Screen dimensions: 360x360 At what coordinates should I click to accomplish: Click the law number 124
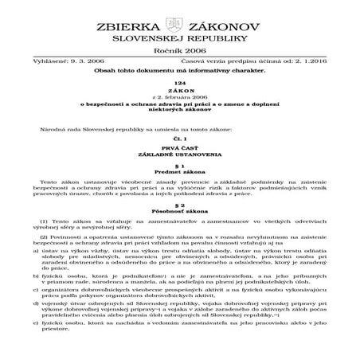[179, 106]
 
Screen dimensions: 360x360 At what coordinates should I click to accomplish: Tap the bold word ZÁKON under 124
[179, 114]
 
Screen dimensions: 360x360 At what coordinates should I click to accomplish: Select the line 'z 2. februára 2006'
[179, 122]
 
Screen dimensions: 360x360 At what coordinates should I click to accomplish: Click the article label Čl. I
[179, 160]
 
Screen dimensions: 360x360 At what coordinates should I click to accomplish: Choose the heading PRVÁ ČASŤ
[179, 168]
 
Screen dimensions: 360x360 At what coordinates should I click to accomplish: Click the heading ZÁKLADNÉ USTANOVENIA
[179, 176]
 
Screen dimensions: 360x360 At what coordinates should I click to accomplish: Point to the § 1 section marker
[179, 188]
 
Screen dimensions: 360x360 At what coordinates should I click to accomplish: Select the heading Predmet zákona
[179, 196]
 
